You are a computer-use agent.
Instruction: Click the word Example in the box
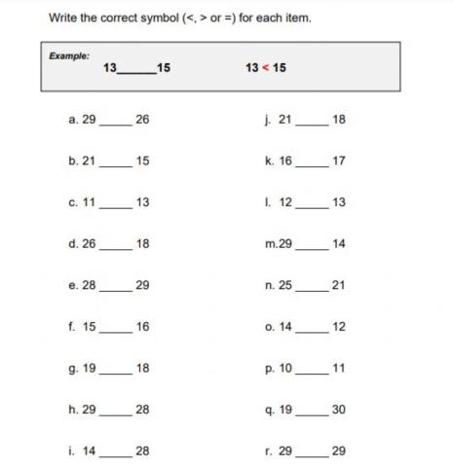[68, 55]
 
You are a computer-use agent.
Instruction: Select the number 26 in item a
[142, 119]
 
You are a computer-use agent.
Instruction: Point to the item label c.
[73, 202]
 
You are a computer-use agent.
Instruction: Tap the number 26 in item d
[89, 243]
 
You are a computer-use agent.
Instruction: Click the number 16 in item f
[142, 326]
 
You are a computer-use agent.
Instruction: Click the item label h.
[73, 410]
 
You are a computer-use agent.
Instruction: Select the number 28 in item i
[142, 451]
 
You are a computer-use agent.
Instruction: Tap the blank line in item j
[311, 123]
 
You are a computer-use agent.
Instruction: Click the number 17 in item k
[338, 161]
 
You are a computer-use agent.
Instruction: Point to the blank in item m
[311, 247]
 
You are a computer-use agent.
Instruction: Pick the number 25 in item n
[285, 284]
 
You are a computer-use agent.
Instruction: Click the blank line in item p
[311, 372]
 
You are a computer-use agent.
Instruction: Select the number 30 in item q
[338, 410]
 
